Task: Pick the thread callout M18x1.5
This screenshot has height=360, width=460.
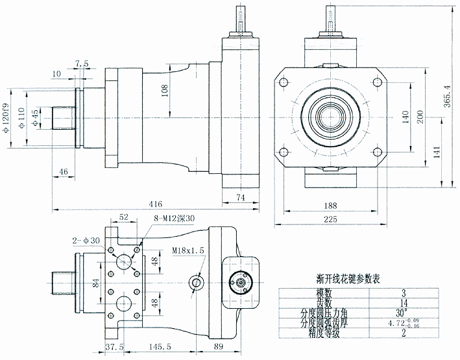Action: pos(188,249)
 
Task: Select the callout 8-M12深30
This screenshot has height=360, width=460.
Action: pos(175,219)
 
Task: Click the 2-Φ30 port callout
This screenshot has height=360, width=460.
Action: pos(86,240)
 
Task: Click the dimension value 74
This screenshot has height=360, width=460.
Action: pos(239,196)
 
